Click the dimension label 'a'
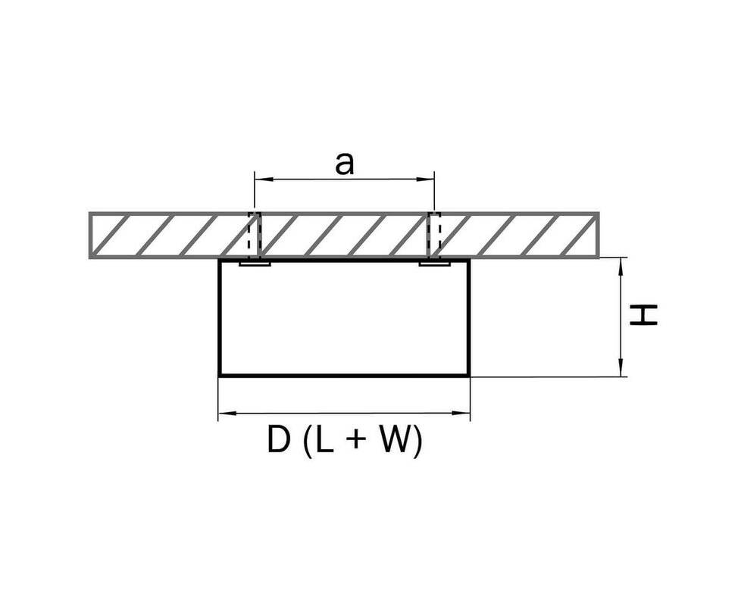pyautogui.click(x=344, y=164)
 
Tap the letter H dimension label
pyautogui.click(x=643, y=314)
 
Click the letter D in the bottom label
pyautogui.click(x=278, y=439)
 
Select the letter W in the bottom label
pyautogui.click(x=390, y=439)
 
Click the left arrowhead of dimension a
pyautogui.click(x=263, y=180)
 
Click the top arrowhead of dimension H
pyautogui.click(x=621, y=267)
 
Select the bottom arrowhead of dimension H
pyautogui.click(x=621, y=367)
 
